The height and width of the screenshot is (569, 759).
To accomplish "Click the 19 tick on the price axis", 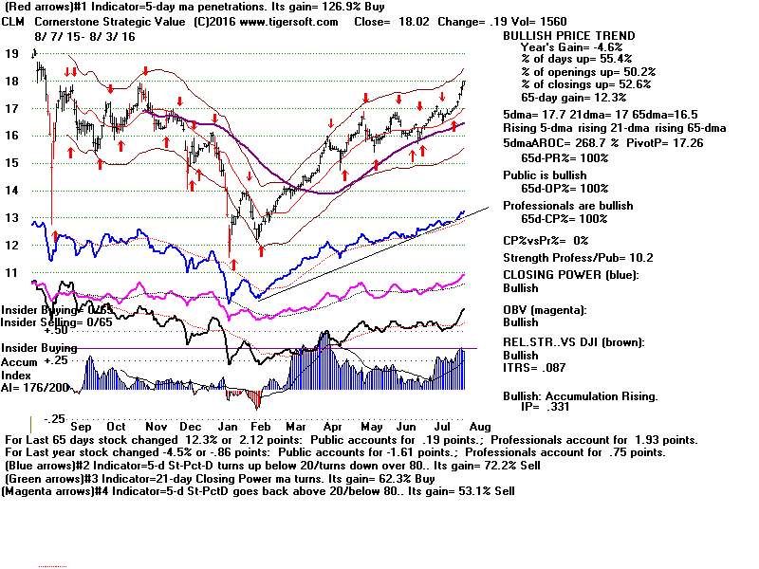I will click(12, 54).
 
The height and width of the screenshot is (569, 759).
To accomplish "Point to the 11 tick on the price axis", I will click(11, 272).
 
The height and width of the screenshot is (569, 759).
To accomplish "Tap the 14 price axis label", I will click(11, 191).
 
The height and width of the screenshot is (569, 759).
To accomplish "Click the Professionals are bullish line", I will click(567, 206).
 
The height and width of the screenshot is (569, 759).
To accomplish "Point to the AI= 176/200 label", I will click(40, 387).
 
